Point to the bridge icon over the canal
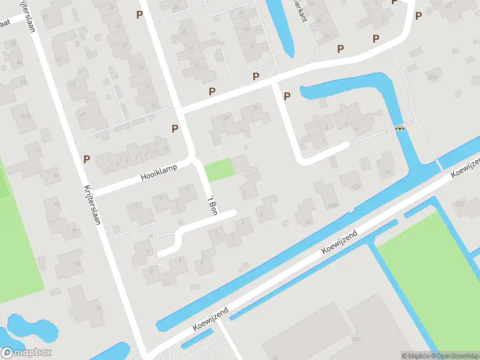(x=400, y=127)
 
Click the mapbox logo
(x=26, y=353)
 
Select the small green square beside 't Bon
(x=218, y=169)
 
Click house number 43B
(x=332, y=206)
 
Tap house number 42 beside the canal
(x=387, y=172)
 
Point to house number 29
(x=227, y=117)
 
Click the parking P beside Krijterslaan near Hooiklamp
(x=87, y=159)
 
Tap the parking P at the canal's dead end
(x=287, y=96)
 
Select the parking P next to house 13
(x=175, y=128)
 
